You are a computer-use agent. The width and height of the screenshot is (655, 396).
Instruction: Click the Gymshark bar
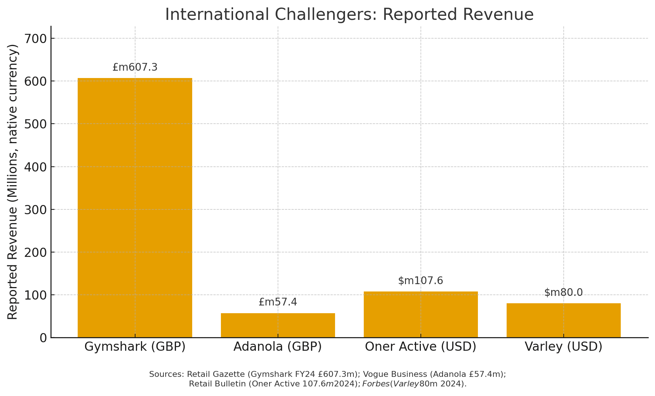pos(135,208)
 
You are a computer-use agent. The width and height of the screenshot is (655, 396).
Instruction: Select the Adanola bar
pos(278,325)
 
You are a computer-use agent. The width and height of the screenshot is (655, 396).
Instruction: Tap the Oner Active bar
pos(420,315)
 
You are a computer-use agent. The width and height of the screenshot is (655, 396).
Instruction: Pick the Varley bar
pos(563,320)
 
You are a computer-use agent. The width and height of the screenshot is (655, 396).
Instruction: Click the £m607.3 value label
pos(135,67)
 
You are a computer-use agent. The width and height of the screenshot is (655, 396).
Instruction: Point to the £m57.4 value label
pos(278,302)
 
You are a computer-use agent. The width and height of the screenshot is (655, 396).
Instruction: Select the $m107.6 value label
pos(420,281)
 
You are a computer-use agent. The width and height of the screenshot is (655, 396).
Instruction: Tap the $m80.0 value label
pos(563,293)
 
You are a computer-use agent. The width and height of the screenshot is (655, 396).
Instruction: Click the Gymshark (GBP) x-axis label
pos(135,347)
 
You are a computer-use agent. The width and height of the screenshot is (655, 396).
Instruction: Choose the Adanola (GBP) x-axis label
pos(278,347)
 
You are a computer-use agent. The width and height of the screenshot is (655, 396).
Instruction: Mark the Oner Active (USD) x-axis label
pos(420,347)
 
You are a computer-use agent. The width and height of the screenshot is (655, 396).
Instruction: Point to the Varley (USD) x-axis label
pos(563,347)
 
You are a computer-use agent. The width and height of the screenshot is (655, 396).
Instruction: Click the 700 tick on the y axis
pos(35,39)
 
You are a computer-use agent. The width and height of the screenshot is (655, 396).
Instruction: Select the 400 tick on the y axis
pos(35,167)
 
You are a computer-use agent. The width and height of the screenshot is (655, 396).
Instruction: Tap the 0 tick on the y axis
pos(43,338)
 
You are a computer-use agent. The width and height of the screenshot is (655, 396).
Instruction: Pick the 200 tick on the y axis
pos(35,252)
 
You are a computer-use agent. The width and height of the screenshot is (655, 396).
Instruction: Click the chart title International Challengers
pos(349,15)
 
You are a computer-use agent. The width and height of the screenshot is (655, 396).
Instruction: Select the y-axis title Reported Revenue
pos(13,182)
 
